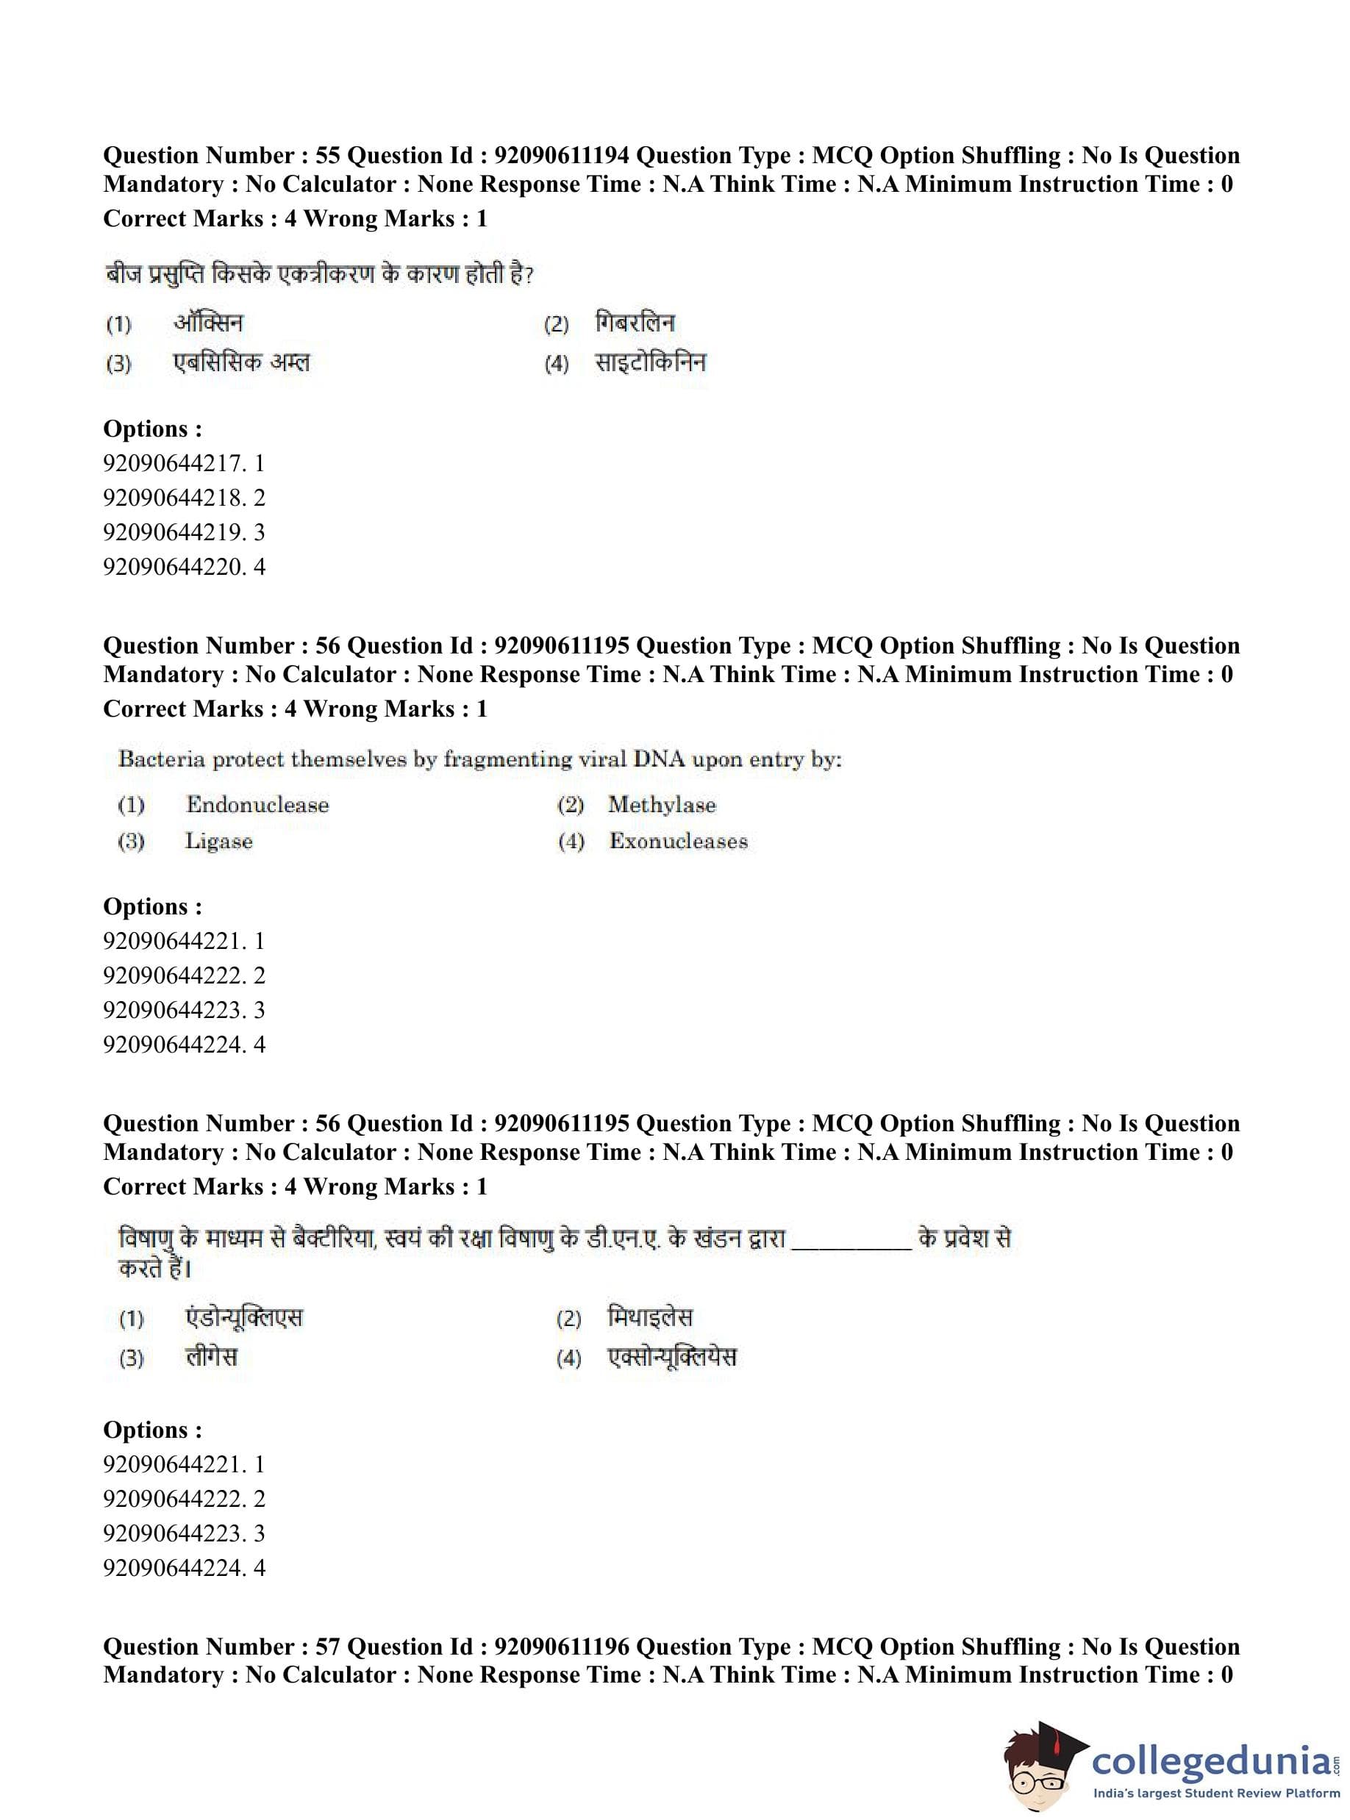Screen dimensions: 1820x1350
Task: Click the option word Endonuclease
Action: click(x=257, y=805)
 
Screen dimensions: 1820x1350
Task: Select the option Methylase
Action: click(x=661, y=805)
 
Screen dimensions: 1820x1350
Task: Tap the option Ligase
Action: click(x=218, y=842)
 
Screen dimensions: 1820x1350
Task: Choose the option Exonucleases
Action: click(x=678, y=842)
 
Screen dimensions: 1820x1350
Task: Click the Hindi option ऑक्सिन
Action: click(x=208, y=323)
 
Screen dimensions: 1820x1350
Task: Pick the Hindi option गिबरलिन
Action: click(x=635, y=323)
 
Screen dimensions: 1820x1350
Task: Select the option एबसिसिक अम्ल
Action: click(x=242, y=362)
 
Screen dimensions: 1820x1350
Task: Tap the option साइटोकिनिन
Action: click(x=651, y=362)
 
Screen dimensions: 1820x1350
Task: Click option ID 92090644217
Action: click(x=174, y=463)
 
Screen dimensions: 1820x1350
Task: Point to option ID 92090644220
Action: click(x=174, y=566)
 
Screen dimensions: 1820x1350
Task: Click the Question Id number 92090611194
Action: click(x=562, y=155)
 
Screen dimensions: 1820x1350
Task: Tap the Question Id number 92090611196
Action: click(x=562, y=1646)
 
